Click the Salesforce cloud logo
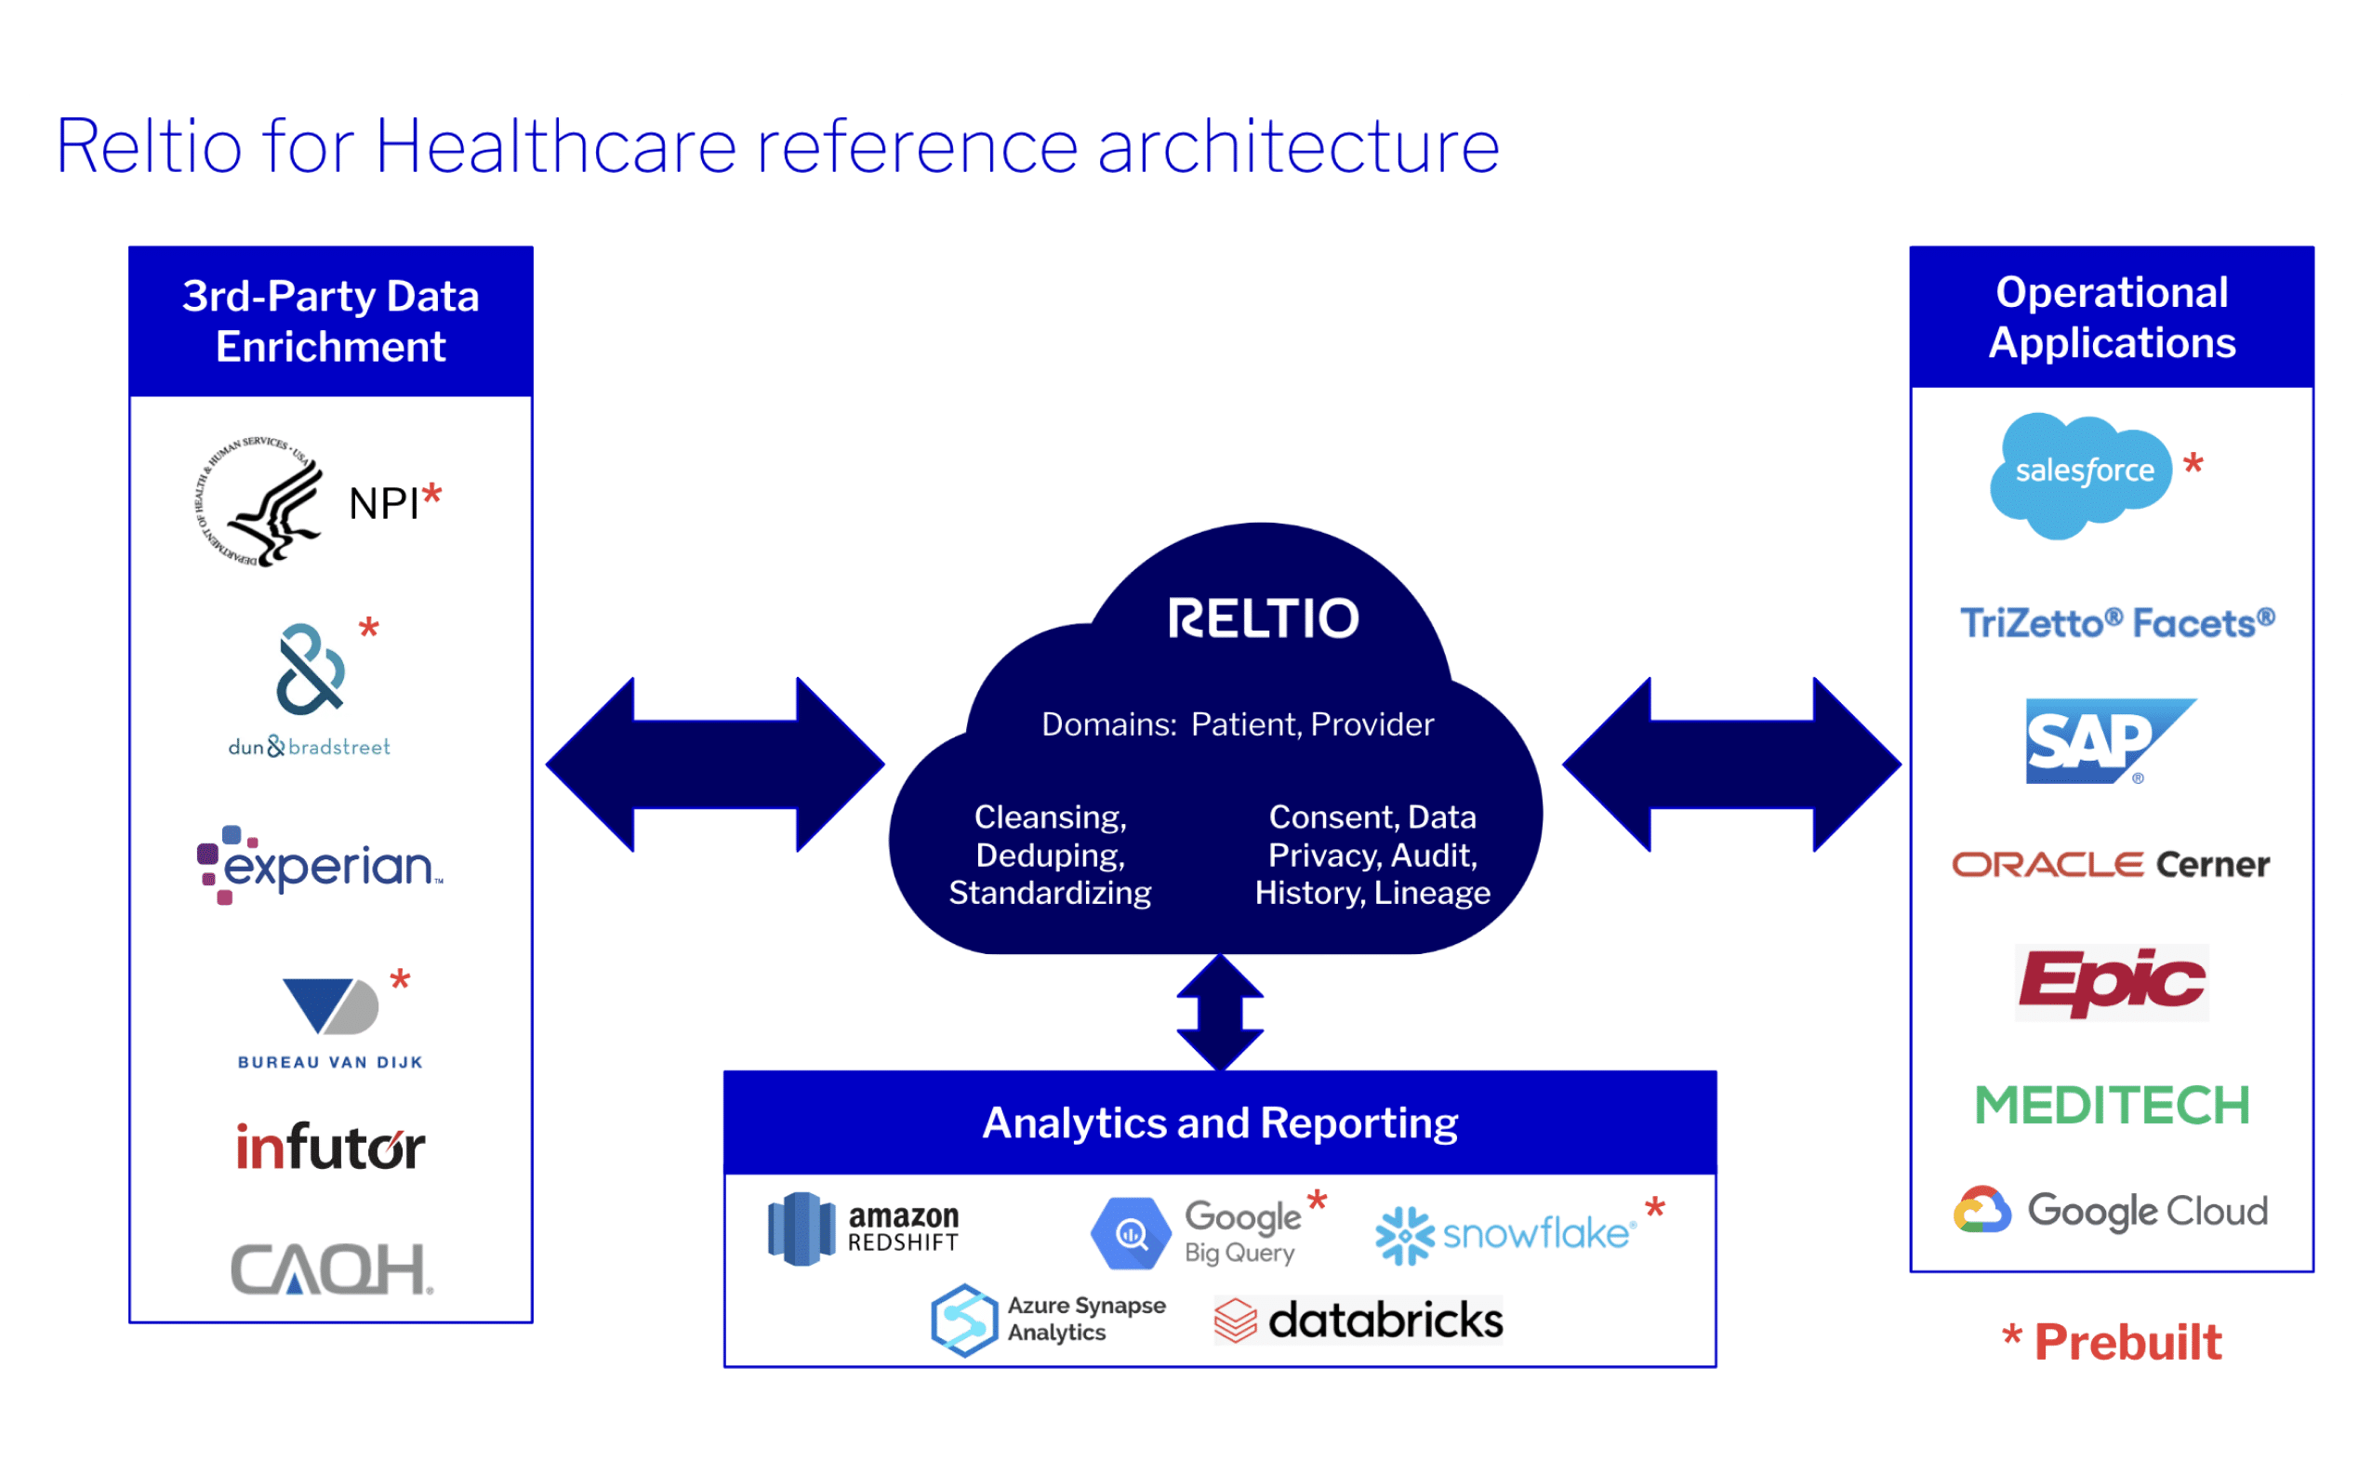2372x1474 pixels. pos(2083,475)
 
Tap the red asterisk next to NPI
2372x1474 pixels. pos(431,497)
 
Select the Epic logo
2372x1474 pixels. pos(2111,983)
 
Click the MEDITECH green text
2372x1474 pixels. pos(2112,1106)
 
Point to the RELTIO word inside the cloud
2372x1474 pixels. pos(1263,619)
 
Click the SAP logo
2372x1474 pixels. pos(2105,741)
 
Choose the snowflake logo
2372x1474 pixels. pos(1505,1234)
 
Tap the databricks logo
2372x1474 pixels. pos(1358,1320)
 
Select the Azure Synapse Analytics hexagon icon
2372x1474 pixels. pos(964,1320)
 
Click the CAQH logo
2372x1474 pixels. pos(331,1269)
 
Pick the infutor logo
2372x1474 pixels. pos(330,1148)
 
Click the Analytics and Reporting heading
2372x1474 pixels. pos(1219,1123)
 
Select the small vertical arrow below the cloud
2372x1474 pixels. pos(1220,1013)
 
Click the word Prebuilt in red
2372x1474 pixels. pos(2127,1342)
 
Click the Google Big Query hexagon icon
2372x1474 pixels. pos(1131,1234)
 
